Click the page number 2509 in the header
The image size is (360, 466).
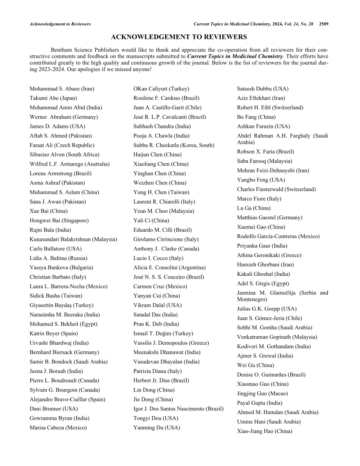[323, 24]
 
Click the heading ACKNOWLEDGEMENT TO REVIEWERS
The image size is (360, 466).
[179, 37]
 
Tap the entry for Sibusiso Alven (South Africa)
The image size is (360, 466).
[64, 154]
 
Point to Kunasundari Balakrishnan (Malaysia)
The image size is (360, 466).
[73, 239]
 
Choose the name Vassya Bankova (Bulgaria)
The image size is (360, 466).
[61, 267]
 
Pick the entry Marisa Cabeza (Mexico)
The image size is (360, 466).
[58, 427]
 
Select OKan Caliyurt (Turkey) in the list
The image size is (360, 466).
[161, 89]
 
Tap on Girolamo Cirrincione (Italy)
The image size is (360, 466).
[166, 239]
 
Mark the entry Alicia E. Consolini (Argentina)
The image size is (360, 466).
[169, 267]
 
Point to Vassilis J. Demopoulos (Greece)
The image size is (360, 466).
[171, 343]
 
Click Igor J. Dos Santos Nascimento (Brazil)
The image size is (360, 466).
[178, 409]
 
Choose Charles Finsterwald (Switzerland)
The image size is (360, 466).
[276, 189]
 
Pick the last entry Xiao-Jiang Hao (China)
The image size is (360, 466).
[265, 431]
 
